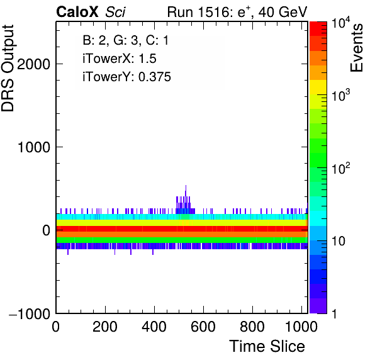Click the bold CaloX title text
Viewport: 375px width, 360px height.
[77, 12]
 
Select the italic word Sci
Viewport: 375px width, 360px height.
[115, 12]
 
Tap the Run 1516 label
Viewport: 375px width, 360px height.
[198, 12]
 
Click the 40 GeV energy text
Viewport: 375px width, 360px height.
[283, 12]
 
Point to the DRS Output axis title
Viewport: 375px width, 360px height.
[8, 69]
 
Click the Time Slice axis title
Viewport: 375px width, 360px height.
[267, 346]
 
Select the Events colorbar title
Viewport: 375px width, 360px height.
[356, 48]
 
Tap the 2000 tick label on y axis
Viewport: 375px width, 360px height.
[34, 64]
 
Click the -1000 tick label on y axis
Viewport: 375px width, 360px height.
[30, 313]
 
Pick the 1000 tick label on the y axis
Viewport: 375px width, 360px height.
[34, 147]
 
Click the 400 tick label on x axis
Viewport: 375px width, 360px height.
[154, 327]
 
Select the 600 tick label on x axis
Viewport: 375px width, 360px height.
[203, 327]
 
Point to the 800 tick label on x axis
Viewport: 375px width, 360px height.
[252, 327]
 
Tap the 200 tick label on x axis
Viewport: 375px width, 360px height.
[105, 327]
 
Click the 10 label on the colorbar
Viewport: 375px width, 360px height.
[339, 241]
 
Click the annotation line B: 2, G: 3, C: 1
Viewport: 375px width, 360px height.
[126, 40]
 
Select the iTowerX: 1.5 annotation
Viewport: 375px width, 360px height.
[120, 59]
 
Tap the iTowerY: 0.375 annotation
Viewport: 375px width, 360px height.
[126, 77]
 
